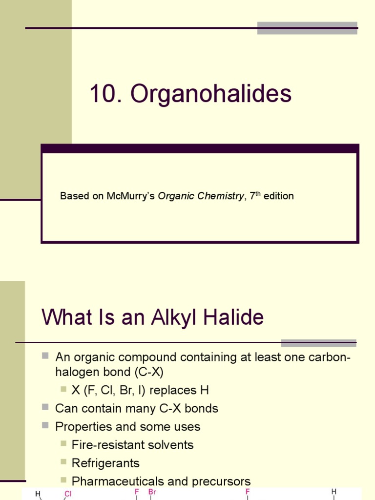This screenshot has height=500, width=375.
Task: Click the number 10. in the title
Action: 105,94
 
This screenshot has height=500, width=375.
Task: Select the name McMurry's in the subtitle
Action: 130,196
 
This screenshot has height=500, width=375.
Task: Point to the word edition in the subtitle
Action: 279,196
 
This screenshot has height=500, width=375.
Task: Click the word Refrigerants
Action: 105,463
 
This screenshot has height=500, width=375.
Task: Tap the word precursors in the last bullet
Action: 221,481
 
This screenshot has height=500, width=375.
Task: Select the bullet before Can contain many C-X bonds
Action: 46,407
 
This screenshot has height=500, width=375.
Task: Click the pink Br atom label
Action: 152,492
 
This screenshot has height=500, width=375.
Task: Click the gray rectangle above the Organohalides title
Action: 307,28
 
